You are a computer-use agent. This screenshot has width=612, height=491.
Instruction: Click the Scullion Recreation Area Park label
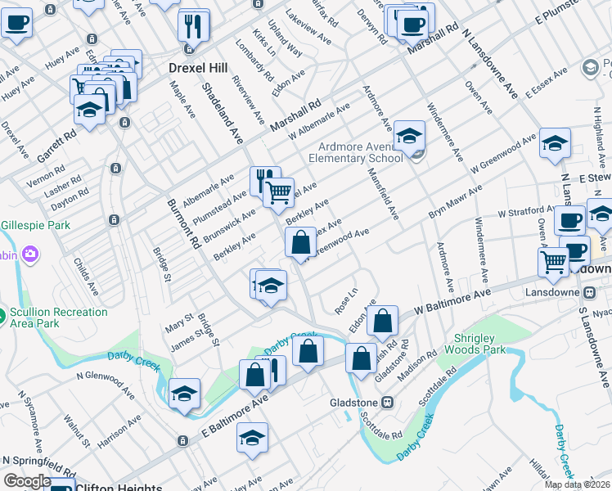[61, 318]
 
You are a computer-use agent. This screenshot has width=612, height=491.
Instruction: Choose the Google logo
[27, 481]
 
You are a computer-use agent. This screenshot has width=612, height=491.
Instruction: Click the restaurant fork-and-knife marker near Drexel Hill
[194, 27]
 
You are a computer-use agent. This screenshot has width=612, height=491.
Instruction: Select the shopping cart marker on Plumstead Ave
[279, 193]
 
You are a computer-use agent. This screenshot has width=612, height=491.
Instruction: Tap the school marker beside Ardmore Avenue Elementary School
[409, 135]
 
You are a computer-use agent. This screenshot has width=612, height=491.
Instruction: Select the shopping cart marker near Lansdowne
[554, 261]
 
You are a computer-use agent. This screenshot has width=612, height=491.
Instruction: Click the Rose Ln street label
[347, 300]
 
